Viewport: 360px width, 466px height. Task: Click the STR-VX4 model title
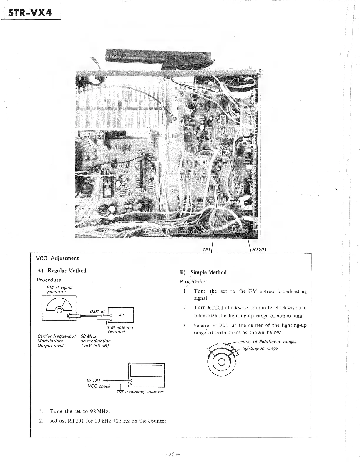30,13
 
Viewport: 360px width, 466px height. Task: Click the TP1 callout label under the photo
206,250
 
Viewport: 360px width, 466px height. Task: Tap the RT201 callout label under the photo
259,250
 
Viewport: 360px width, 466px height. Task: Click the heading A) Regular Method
62,271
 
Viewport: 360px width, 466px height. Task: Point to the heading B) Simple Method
203,272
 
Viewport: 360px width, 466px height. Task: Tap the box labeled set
121,315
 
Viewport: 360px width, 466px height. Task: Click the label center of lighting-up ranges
267,342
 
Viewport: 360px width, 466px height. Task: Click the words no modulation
95,341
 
